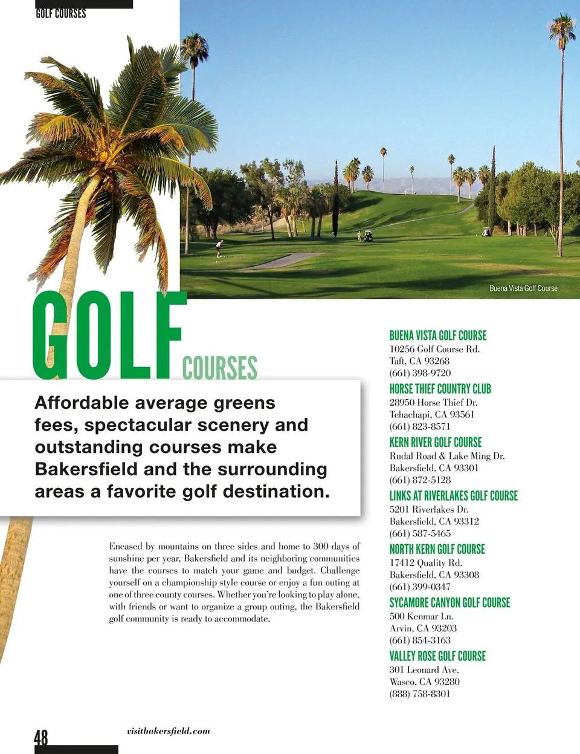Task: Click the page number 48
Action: coord(41,738)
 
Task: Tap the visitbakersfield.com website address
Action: coord(169,731)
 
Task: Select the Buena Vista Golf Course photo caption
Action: coord(523,288)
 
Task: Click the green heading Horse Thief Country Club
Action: coord(440,389)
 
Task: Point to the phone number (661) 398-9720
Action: coord(420,373)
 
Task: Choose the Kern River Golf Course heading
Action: coord(435,442)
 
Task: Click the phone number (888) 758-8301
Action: coord(420,694)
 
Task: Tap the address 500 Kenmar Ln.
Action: coord(421,616)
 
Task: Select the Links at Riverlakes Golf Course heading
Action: coord(453,496)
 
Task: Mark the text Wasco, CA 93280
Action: coord(424,681)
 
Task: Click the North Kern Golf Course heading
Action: coord(437,549)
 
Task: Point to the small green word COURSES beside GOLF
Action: coord(219,368)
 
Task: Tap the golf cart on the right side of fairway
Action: coord(486,232)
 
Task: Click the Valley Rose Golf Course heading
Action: coord(437,656)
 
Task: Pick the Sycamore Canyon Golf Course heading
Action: coord(449,602)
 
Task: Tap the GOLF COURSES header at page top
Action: coord(61,13)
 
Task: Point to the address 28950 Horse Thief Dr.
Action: coord(433,402)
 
